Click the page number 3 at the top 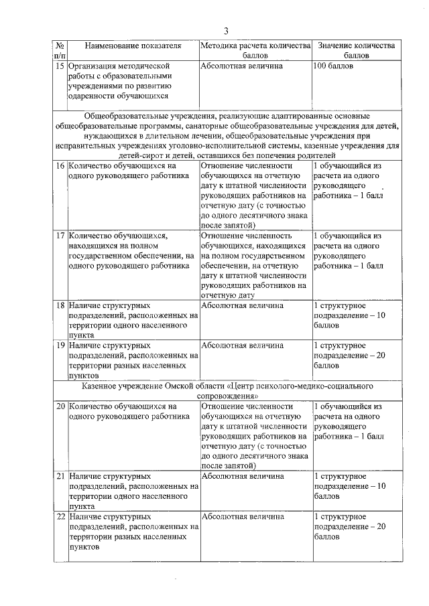click(227, 31)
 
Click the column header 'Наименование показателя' click(133, 46)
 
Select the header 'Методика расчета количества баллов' click(255, 51)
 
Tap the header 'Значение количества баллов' click(357, 51)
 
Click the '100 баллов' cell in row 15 click(334, 66)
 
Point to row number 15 click(60, 66)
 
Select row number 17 click(60, 236)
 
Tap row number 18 click(60, 306)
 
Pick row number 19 click(60, 346)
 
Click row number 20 click(60, 406)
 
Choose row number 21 click(60, 476)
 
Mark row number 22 click(60, 517)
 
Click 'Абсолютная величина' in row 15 click(241, 66)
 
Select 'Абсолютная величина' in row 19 click(241, 346)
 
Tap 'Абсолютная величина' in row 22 click(241, 517)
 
